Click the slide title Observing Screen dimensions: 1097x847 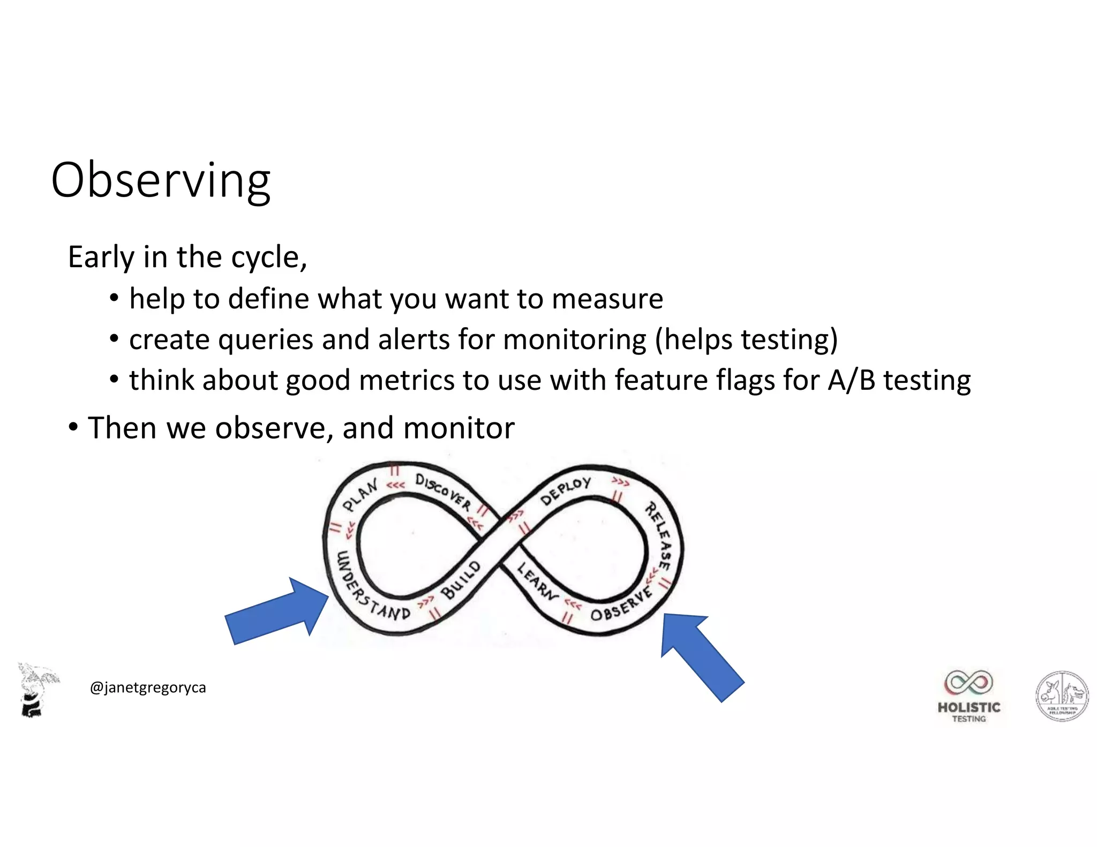pyautogui.click(x=161, y=180)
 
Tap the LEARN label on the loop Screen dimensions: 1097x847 pyautogui.click(x=537, y=580)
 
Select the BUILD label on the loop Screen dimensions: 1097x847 pyautogui.click(x=461, y=580)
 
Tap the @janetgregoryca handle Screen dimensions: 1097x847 pyautogui.click(x=148, y=687)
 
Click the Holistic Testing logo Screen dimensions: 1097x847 pyautogui.click(x=968, y=695)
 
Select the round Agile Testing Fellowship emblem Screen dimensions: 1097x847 pyautogui.click(x=1062, y=696)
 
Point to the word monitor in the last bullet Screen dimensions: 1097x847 pyautogui.click(x=459, y=428)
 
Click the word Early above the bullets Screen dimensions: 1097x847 pyautogui.click(x=101, y=258)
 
